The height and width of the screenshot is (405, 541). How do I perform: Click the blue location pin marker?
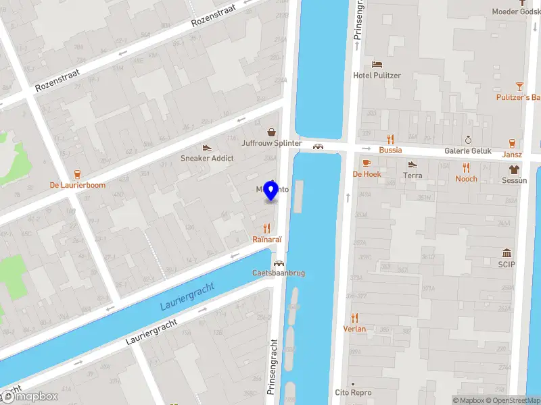[271, 191]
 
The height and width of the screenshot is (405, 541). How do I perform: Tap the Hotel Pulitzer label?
[377, 76]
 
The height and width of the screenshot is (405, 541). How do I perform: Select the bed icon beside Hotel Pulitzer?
[377, 64]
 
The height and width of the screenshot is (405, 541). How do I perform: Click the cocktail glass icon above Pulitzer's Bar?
[519, 86]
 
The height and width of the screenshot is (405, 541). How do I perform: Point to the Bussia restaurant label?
[390, 150]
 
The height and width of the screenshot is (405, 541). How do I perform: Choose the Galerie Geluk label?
[467, 151]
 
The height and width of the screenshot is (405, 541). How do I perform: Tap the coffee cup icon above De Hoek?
[367, 163]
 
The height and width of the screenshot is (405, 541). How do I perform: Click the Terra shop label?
[413, 175]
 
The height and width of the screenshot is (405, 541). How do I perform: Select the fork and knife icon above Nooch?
[466, 167]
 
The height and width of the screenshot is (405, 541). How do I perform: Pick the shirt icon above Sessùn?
[514, 169]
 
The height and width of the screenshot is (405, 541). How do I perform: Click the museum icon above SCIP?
[507, 252]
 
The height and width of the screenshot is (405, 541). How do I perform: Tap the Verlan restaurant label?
[354, 329]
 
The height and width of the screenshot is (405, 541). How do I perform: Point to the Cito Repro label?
[353, 392]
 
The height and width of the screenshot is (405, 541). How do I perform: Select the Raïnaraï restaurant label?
[266, 239]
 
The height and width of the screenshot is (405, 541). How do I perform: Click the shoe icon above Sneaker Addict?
[207, 147]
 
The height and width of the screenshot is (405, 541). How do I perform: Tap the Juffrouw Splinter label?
[272, 143]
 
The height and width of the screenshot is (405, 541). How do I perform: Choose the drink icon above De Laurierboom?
[77, 173]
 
